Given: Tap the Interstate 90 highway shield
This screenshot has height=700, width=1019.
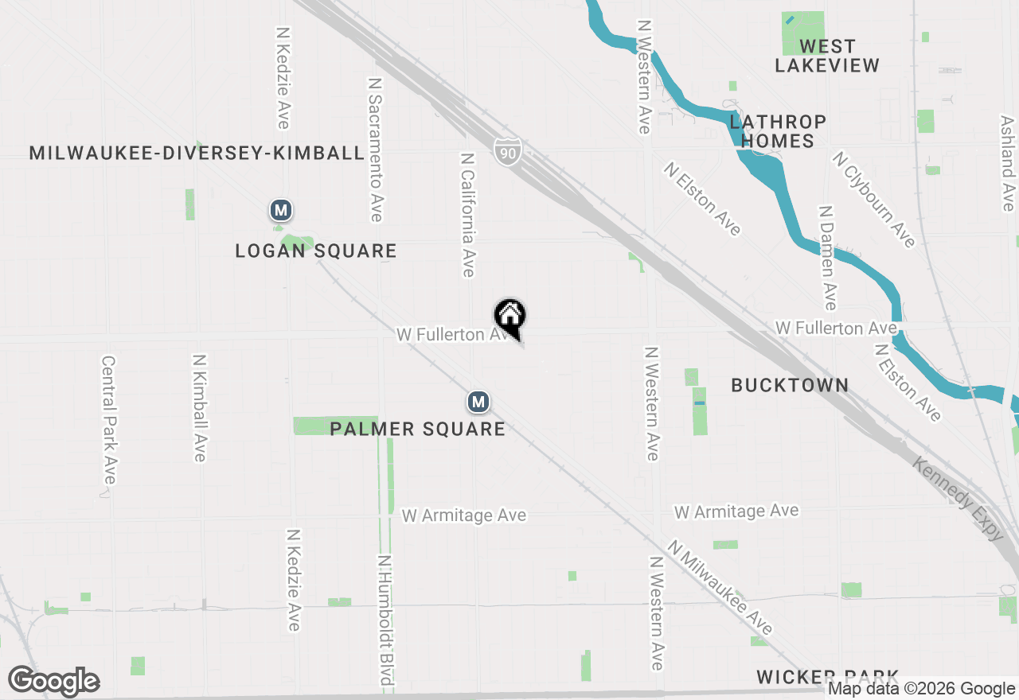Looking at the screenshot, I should click(507, 150).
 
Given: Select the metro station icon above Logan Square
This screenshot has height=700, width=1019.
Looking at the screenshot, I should click(280, 211).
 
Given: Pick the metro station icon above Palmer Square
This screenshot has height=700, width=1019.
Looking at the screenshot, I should click(478, 402).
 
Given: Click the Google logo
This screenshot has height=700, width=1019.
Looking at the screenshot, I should click(54, 682).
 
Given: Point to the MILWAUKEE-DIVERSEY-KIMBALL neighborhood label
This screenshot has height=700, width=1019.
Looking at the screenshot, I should click(197, 154).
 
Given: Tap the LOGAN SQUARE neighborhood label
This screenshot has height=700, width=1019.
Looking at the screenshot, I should click(316, 251).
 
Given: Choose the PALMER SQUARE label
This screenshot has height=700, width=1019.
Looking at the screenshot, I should click(417, 430).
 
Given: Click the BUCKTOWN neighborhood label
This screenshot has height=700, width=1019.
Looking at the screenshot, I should click(790, 386).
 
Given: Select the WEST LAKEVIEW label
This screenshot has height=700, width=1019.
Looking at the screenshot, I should click(827, 56).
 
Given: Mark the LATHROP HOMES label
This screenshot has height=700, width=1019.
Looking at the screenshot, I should click(778, 131).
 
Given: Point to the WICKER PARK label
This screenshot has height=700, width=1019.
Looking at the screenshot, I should click(827, 677).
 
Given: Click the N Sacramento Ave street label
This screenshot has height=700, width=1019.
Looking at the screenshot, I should click(376, 150).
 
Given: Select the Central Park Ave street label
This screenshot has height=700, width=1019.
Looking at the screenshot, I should click(109, 419).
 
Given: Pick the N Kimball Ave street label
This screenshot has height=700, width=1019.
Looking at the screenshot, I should click(199, 407).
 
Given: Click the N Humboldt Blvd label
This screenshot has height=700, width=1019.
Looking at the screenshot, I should click(386, 620).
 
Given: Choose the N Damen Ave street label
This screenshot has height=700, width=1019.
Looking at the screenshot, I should click(828, 258).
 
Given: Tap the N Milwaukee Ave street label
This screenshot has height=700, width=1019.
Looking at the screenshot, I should click(720, 588).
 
